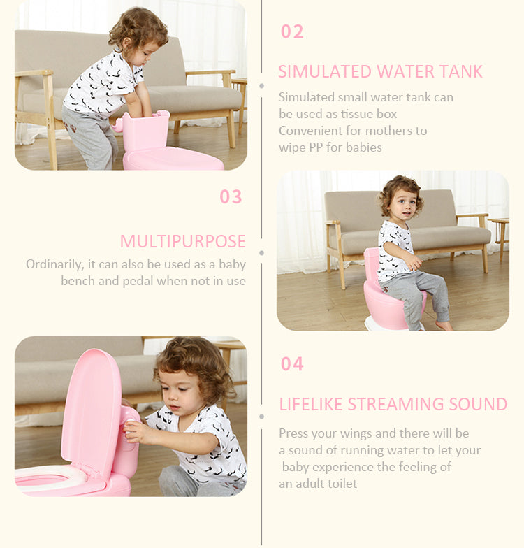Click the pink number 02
tap(292, 32)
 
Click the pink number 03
tap(231, 197)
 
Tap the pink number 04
tap(292, 364)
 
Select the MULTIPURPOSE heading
tap(183, 242)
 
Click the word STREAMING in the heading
tap(406, 405)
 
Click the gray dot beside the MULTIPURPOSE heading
tap(262, 252)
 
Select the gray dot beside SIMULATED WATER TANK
tap(262, 86)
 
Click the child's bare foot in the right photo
tap(444, 325)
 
